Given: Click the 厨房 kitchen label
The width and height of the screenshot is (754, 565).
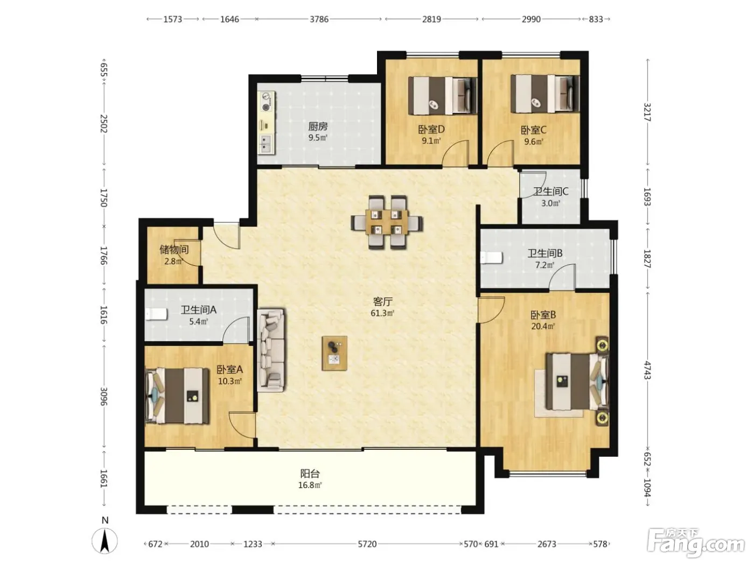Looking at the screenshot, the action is (317, 126).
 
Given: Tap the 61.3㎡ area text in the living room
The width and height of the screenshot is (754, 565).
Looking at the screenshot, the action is (382, 313).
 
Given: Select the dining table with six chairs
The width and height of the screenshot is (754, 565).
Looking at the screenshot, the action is (387, 222).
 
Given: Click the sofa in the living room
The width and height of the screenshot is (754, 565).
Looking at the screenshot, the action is (271, 350).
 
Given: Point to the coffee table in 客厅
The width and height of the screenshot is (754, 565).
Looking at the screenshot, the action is (334, 354).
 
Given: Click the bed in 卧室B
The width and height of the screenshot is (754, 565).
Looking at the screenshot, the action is (574, 382).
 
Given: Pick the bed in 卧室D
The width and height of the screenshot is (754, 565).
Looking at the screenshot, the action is (443, 95).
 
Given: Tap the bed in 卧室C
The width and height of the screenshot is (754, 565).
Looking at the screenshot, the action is (545, 94).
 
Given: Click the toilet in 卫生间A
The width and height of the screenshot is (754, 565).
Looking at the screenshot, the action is (156, 314).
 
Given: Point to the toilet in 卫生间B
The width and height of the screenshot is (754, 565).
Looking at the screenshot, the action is (492, 258).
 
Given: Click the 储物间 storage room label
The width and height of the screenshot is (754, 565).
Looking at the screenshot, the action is (174, 249).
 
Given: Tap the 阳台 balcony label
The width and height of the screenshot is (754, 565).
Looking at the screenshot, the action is (310, 474).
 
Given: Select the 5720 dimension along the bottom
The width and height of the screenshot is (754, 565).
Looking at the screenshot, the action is (367, 543).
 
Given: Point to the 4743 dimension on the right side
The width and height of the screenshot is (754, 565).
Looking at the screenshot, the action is (647, 370).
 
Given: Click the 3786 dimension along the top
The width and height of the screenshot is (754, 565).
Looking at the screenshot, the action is (319, 19).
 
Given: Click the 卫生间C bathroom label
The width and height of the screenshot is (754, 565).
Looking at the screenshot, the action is (550, 192).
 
